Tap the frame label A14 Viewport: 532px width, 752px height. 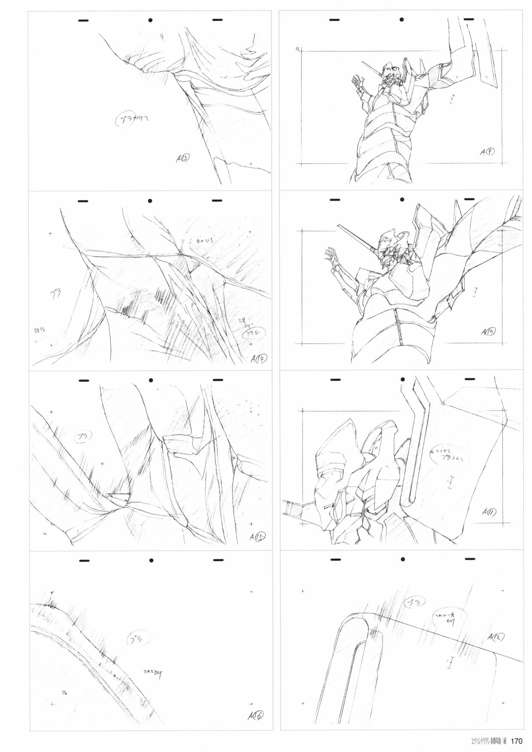259,358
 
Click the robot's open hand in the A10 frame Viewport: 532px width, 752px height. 332,255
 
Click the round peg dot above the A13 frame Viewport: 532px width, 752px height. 151,20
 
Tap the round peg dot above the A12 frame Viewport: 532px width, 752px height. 402,559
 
